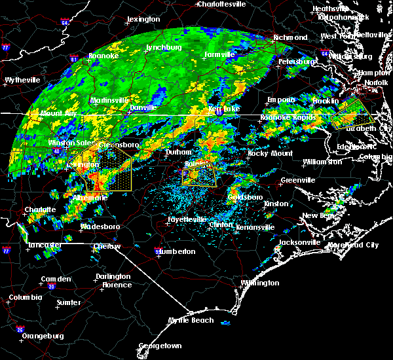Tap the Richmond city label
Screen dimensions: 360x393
290,38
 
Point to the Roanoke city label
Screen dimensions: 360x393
103,56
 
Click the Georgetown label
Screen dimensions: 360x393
159,346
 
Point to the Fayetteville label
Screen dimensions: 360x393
187,219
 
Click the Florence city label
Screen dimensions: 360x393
117,285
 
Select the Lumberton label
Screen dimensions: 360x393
177,251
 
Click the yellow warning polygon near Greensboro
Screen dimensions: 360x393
108,169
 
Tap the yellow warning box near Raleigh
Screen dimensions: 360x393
200,175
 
